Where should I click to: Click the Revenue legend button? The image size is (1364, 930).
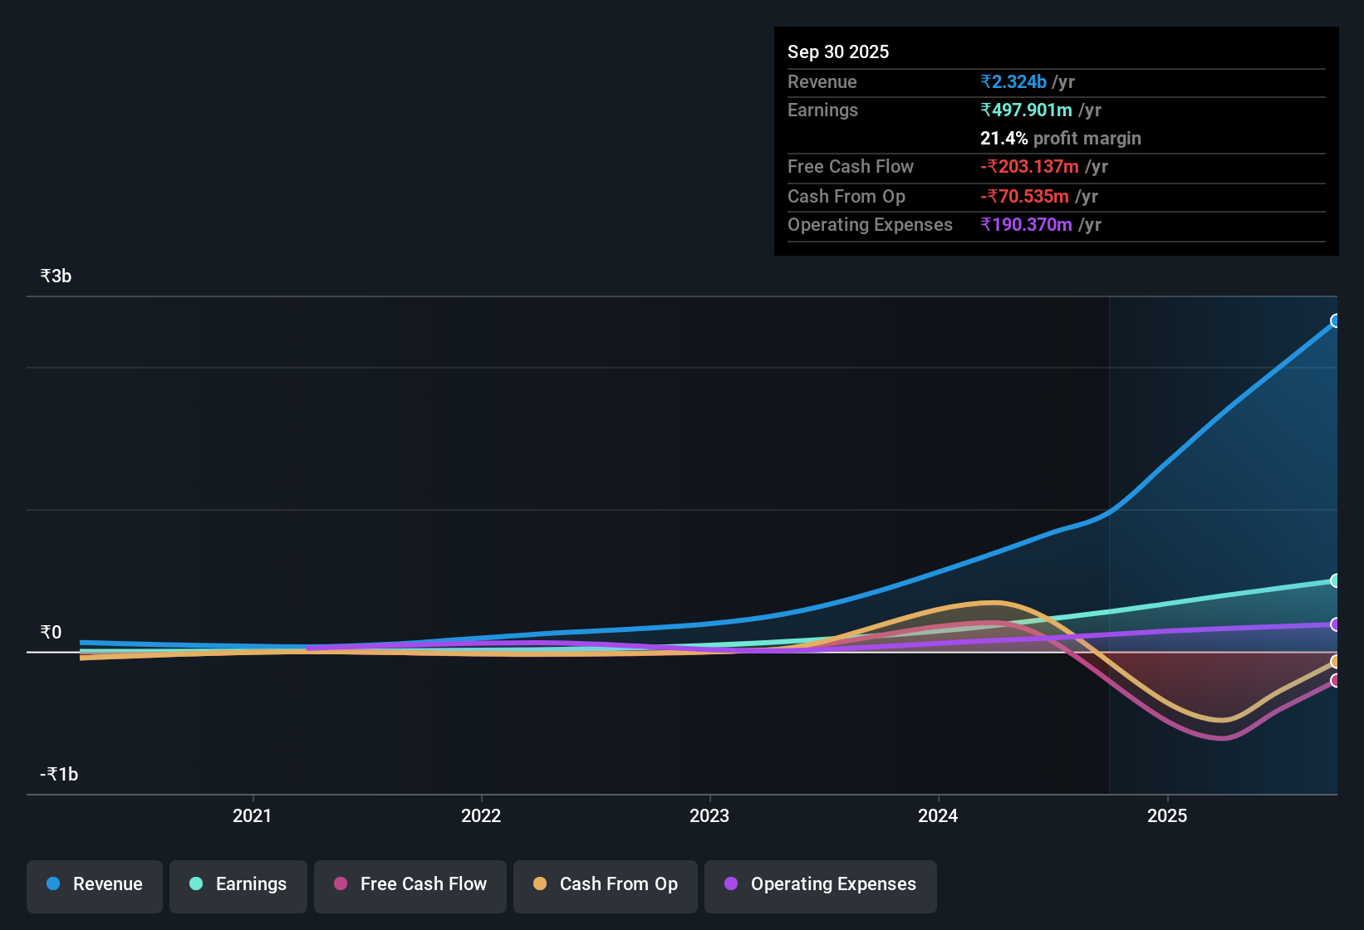click(95, 884)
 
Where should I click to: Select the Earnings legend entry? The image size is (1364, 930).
click(238, 884)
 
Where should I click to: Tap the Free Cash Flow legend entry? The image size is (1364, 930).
click(410, 884)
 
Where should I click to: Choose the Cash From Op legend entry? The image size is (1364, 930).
click(606, 884)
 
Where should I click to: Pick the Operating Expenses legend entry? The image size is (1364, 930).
click(821, 884)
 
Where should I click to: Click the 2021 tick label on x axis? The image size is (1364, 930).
click(252, 815)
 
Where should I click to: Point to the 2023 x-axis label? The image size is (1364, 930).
click(709, 815)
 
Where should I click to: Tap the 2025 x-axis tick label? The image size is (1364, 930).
click(1167, 815)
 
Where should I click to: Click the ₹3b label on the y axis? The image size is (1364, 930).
click(56, 276)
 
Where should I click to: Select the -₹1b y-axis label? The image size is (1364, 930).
click(59, 774)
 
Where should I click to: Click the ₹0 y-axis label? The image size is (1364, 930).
click(51, 632)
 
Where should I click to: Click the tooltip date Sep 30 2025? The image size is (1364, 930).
click(837, 51)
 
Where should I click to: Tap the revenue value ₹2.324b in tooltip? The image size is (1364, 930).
click(1013, 81)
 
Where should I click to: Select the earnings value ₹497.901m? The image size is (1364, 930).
click(1026, 110)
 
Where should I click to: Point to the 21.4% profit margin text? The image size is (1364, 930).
click(1060, 138)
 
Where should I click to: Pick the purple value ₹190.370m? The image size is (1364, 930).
click(1026, 224)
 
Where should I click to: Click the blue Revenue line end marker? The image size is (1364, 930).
click(1335, 321)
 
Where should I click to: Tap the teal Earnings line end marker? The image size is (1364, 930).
click(1335, 580)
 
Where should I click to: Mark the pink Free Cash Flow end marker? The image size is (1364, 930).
click(1335, 680)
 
